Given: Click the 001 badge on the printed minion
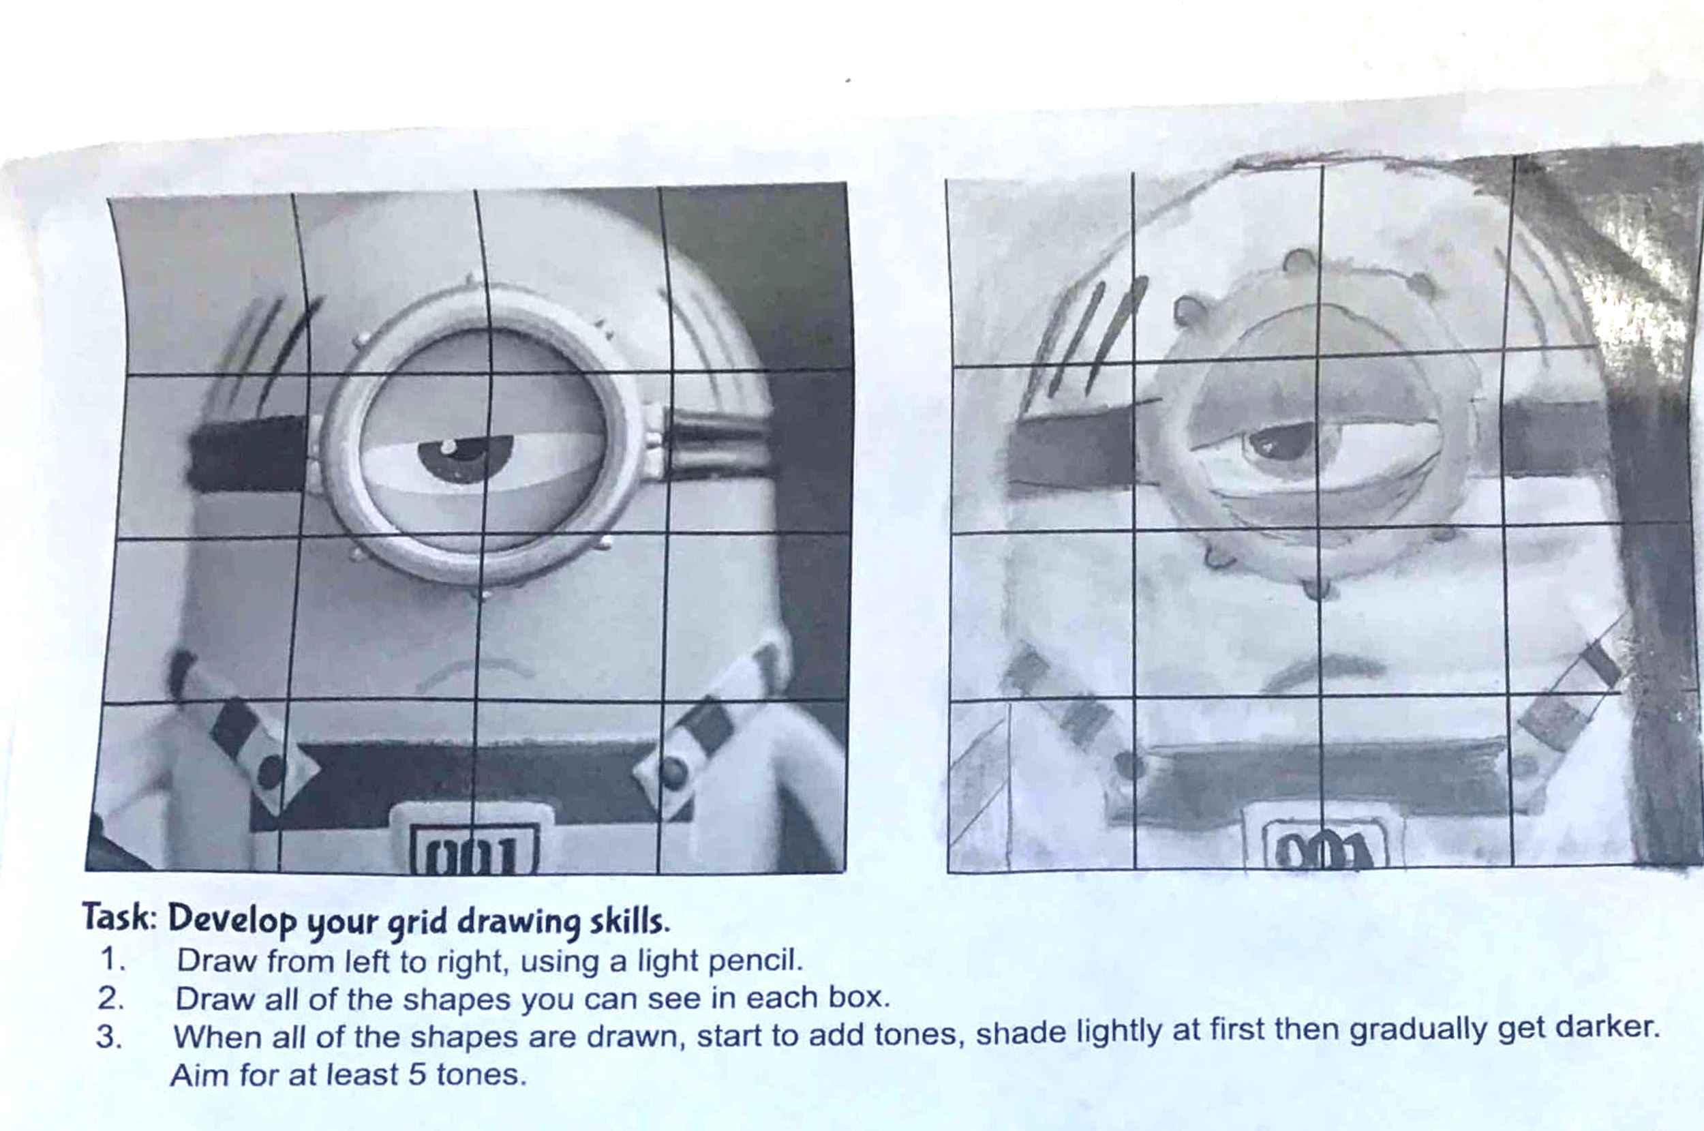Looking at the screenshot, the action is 473,847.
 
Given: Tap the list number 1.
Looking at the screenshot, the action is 112,960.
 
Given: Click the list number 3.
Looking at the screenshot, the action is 109,1036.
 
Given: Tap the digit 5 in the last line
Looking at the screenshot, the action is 418,1074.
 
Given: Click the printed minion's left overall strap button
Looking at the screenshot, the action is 271,771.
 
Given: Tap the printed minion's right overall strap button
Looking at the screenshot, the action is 672,772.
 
